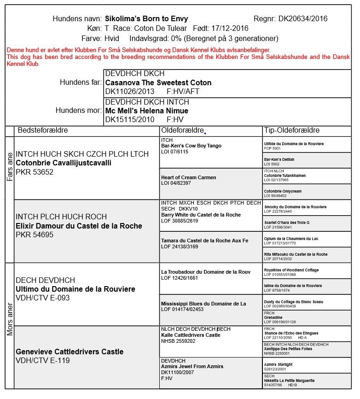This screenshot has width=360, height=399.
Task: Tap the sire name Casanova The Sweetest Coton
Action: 158,83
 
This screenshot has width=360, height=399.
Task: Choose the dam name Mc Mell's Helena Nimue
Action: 146,111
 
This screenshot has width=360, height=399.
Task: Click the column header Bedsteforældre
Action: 42,130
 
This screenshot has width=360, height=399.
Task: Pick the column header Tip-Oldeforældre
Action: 292,130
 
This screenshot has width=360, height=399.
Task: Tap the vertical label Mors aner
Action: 9,317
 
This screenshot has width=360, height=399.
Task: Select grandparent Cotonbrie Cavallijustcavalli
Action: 64,163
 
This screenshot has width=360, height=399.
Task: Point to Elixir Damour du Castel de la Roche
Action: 79,226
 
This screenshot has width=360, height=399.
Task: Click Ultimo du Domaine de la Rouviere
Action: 75,289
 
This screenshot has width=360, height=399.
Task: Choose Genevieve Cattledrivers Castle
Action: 70,352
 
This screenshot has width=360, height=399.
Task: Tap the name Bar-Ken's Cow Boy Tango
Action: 191,146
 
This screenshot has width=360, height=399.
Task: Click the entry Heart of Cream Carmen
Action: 188,177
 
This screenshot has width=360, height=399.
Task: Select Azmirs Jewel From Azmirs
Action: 192,366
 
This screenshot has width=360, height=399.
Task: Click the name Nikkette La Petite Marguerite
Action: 289,381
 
